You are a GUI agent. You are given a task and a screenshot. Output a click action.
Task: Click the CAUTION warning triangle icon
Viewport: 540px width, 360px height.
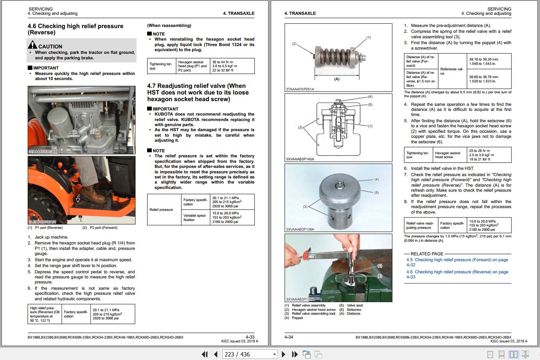click(x=32, y=45)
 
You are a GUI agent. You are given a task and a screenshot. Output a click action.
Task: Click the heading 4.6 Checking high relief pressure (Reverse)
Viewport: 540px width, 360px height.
click(x=75, y=29)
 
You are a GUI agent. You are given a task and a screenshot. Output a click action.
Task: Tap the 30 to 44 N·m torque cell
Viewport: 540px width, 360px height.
click(x=233, y=66)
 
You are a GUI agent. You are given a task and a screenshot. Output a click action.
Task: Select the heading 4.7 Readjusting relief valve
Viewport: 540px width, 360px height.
click(x=198, y=93)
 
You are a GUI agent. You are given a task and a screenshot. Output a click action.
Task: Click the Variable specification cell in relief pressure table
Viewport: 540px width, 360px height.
click(x=195, y=217)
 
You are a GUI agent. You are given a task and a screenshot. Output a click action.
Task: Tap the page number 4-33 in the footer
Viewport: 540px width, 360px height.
click(x=250, y=337)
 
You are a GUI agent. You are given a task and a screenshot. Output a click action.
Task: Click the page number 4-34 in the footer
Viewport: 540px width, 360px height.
click(x=289, y=337)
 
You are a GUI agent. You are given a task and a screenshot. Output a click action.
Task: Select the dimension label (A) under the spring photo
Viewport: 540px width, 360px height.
click(x=337, y=79)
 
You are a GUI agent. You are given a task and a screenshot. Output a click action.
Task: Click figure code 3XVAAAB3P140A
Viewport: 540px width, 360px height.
click(x=300, y=159)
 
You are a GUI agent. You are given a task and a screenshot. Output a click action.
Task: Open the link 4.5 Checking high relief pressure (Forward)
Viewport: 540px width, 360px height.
click(x=457, y=260)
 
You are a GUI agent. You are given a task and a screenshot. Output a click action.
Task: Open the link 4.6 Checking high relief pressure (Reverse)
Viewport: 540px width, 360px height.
click(x=457, y=272)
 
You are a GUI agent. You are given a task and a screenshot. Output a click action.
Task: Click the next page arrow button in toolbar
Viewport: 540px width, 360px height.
click(x=284, y=354)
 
